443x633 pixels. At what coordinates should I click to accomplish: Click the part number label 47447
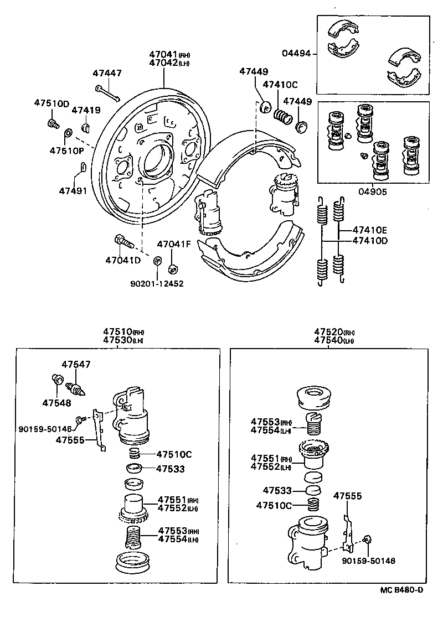[x=107, y=73]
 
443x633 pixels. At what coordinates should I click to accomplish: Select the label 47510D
[x=51, y=103]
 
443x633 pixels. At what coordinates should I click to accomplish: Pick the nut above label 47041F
[x=172, y=269]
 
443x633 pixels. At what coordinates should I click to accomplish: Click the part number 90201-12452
[x=157, y=283]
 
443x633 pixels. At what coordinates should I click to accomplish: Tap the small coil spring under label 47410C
[x=283, y=117]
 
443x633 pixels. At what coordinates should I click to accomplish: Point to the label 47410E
[x=371, y=230]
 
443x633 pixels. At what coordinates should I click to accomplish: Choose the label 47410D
[x=371, y=241]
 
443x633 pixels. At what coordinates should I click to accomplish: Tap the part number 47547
[x=76, y=365]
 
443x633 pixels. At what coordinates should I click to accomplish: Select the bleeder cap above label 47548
[x=56, y=380]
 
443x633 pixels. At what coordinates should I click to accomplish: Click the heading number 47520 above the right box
[x=328, y=332]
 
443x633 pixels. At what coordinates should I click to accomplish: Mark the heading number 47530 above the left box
[x=116, y=340]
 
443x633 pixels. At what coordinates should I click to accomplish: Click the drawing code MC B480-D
[x=401, y=590]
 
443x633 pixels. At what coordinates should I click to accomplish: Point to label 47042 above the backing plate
[x=163, y=63]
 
